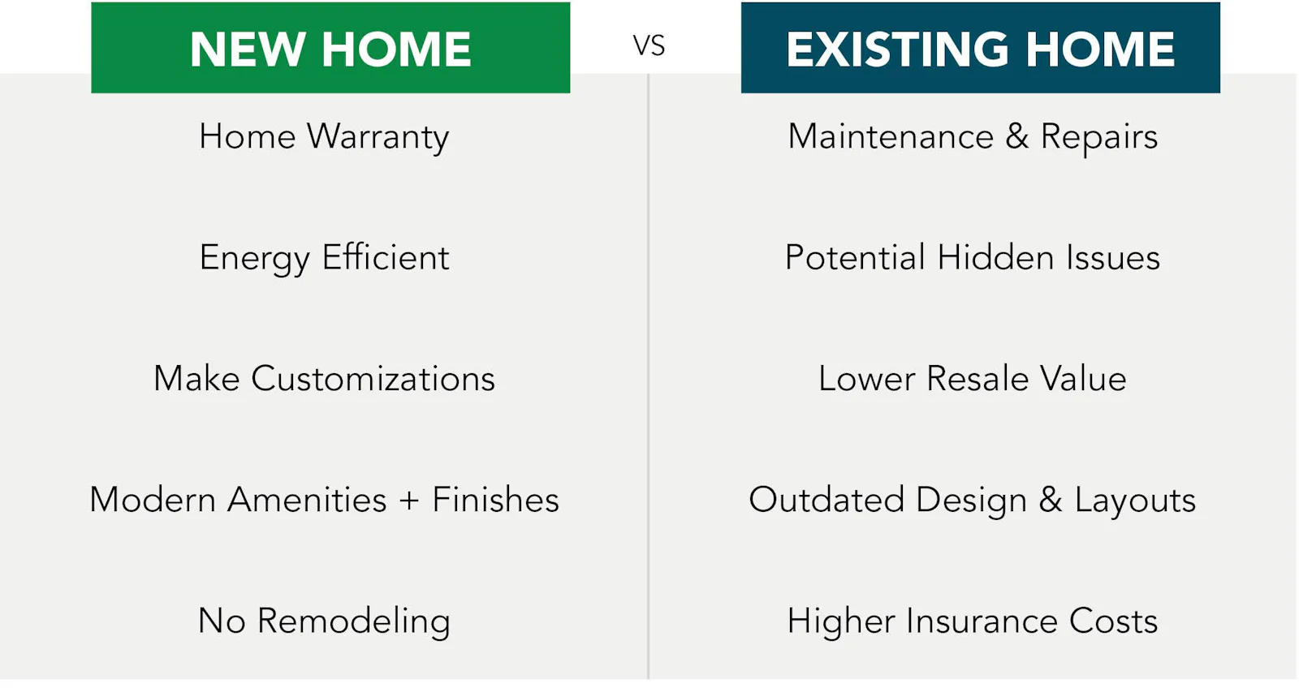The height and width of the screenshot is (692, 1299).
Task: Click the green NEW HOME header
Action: coord(330,49)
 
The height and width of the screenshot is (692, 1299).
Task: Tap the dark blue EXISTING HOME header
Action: coord(980,49)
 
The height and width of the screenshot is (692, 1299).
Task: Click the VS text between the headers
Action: coord(649,45)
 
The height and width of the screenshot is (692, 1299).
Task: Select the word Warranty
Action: coord(378,137)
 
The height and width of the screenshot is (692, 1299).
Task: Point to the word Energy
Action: coord(254,259)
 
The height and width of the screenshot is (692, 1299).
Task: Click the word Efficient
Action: coord(386,257)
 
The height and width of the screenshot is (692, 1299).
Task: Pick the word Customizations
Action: coord(373,379)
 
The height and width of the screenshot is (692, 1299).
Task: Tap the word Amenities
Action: coord(307,500)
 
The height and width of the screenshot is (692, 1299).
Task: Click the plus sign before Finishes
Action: coord(409,501)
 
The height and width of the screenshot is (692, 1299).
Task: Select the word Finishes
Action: coord(495,500)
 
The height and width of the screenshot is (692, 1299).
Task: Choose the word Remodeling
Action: coord(353,621)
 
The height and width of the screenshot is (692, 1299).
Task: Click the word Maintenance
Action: coord(891,136)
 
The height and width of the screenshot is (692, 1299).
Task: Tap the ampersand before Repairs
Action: coord(1017,136)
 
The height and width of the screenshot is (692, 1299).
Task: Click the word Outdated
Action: coord(826,500)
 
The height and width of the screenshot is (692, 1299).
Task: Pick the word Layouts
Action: coord(1135,501)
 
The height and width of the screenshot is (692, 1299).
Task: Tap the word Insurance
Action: coord(982,621)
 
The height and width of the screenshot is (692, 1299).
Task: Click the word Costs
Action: coord(1113,621)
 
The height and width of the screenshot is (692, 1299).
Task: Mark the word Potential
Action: coord(855,257)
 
